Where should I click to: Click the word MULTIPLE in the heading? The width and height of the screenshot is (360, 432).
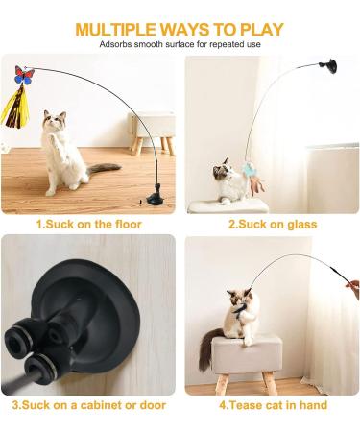116,30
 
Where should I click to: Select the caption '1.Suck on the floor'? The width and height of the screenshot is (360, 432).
88,224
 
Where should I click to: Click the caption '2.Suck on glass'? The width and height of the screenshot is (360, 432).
273,224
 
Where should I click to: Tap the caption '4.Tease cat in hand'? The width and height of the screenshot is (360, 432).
273,405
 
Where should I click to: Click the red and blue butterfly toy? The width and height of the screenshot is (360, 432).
24,76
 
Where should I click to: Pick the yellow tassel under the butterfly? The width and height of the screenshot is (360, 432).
16,107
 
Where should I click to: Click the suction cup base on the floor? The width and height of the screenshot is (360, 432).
156,196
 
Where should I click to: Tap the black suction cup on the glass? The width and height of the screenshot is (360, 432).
329,65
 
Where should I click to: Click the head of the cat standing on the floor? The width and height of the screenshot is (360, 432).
55,121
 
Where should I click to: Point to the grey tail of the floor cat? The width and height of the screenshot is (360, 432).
104,168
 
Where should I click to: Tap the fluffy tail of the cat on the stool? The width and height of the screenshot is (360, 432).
208,348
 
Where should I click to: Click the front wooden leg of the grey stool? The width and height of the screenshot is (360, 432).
222,384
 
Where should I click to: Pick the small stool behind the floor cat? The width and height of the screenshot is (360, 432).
153,132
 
